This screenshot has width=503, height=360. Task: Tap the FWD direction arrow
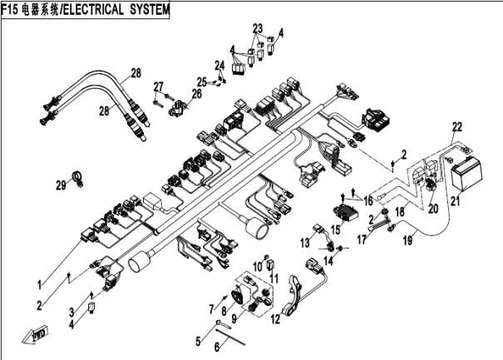35,334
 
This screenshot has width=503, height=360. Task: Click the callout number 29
61,185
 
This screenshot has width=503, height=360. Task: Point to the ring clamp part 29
78,178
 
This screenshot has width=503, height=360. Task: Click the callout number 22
457,127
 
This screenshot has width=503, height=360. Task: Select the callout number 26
197,94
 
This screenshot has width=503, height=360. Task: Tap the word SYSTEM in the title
149,9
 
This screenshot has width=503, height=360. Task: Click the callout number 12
275,319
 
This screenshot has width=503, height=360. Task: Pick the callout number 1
39,284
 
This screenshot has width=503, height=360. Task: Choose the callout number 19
407,240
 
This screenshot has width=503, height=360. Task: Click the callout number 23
258,28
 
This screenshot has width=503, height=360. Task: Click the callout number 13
305,242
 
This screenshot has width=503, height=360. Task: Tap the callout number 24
219,66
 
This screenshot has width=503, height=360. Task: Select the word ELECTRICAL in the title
93,9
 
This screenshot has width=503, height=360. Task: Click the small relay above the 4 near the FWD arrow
91,308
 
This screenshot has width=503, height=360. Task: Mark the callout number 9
234,318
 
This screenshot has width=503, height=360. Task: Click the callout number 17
362,239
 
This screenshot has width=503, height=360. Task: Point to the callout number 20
433,209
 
